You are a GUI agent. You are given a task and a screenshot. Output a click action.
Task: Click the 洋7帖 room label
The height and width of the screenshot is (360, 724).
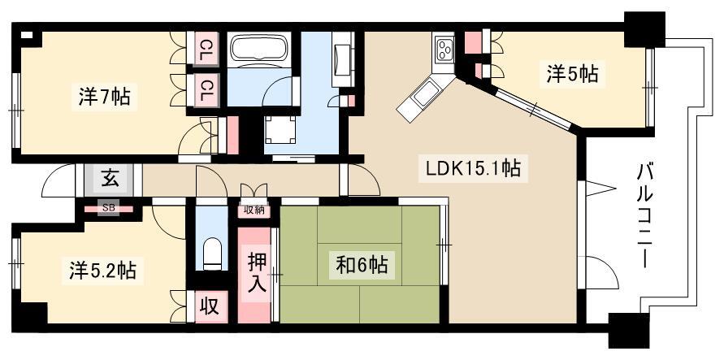point(104,98)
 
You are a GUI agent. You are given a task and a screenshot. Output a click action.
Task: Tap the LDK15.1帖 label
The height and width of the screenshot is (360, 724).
point(470,168)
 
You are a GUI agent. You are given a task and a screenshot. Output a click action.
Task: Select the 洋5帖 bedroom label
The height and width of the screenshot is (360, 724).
point(573,74)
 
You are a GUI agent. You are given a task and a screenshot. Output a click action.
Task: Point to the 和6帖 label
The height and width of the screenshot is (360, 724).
point(362,265)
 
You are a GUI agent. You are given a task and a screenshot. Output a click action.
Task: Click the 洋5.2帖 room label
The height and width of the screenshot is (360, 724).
point(103,270)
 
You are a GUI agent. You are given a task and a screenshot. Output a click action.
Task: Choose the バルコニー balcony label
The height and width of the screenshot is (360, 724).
point(646,216)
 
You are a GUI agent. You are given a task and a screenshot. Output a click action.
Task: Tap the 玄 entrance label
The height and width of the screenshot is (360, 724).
point(110,179)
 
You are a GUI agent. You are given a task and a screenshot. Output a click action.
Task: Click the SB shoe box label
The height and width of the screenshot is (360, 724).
point(109,208)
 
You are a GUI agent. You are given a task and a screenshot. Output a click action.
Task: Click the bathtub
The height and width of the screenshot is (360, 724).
point(259,48)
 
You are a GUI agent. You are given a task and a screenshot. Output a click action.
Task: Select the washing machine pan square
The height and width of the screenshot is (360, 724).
point(280,130)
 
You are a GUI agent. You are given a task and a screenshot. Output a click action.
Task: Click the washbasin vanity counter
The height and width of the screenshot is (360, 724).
point(343,59)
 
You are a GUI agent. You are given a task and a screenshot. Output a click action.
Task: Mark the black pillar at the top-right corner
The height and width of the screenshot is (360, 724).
point(644,29)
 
